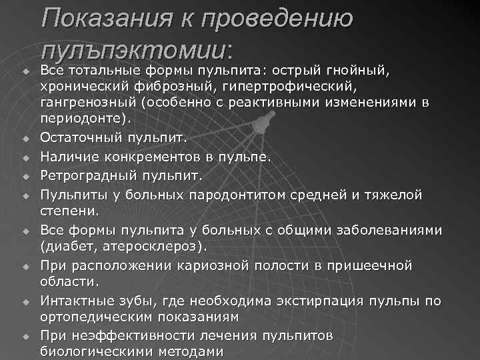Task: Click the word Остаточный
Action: pos(81,138)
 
